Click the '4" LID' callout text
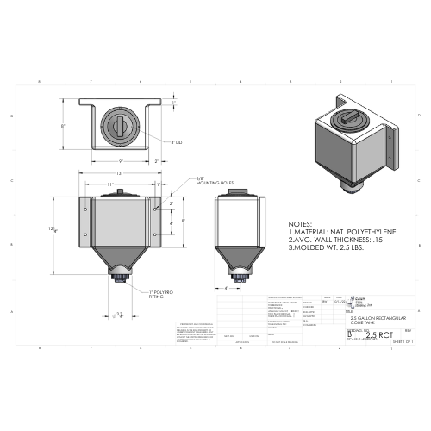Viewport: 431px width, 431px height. pyautogui.click(x=177, y=141)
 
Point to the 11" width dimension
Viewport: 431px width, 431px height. pyautogui.click(x=110, y=184)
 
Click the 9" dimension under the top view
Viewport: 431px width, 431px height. pyautogui.click(x=120, y=161)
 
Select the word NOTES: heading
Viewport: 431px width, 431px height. pyautogui.click(x=301, y=222)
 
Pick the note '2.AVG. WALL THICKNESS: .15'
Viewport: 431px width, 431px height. pyautogui.click(x=335, y=240)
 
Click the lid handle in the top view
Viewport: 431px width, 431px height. pyautogui.click(x=120, y=122)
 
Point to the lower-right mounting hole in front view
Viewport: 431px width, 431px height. pyautogui.click(x=154, y=234)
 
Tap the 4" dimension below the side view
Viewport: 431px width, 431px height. pyautogui.click(x=226, y=288)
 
